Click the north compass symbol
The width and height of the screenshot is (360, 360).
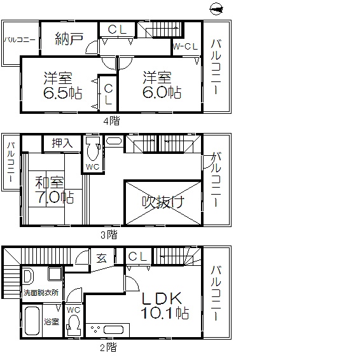[216, 9]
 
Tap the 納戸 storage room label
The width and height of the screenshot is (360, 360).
[69, 39]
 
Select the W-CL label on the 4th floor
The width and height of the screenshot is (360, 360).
[185, 46]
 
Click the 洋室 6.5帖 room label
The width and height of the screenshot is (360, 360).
[62, 85]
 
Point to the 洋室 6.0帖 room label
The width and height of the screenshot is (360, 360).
[162, 85]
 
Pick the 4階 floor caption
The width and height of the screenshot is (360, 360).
[111, 121]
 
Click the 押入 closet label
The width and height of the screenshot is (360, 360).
[62, 143]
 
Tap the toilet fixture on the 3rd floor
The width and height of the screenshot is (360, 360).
[93, 149]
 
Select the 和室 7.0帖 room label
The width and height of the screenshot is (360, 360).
[55, 190]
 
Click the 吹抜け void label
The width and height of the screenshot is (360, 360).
[163, 202]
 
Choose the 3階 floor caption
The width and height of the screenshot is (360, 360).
[109, 235]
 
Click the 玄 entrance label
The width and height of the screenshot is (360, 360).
[102, 258]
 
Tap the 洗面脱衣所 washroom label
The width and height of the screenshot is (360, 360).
[41, 293]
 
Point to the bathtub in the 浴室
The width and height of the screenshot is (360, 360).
[32, 321]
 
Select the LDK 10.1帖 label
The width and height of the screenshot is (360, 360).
[165, 305]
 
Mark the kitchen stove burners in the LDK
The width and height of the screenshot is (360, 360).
[95, 329]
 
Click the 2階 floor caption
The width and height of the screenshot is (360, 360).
[108, 347]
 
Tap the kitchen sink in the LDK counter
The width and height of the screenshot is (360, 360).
[113, 330]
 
